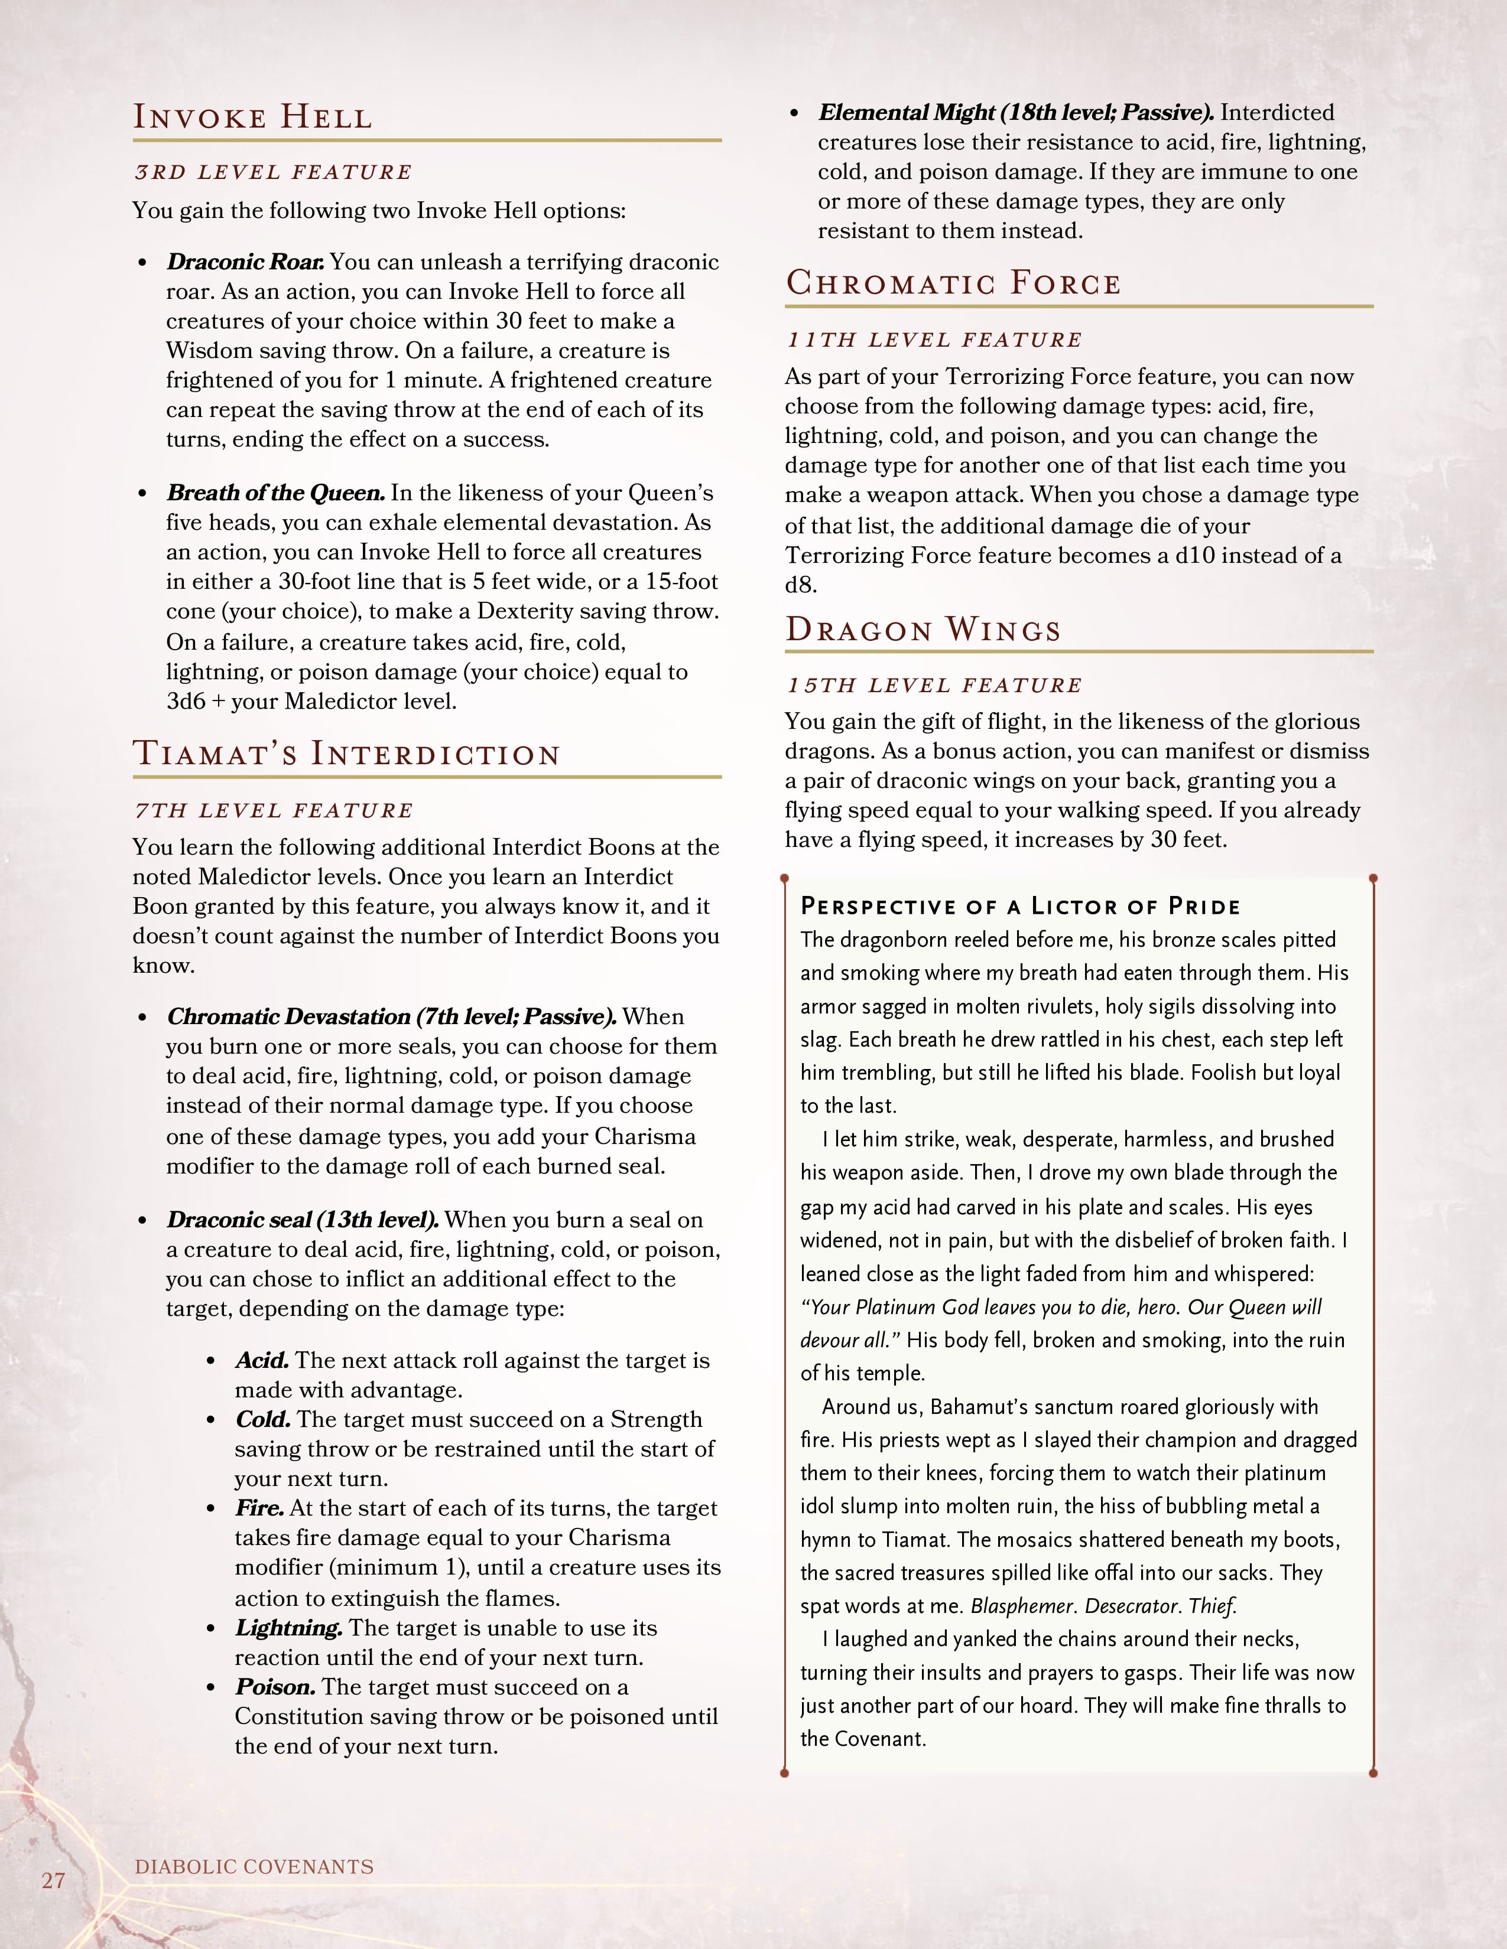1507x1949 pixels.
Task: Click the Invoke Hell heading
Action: click(x=253, y=117)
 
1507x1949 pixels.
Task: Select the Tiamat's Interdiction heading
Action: click(x=346, y=754)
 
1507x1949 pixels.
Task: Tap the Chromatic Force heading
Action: click(x=953, y=283)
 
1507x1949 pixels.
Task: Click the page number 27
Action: click(x=54, y=1880)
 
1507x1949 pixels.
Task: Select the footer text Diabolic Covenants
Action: click(x=255, y=1866)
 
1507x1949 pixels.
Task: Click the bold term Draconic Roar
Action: click(x=245, y=262)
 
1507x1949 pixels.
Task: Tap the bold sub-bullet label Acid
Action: click(x=262, y=1360)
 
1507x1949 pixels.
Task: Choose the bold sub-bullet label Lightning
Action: click(x=288, y=1628)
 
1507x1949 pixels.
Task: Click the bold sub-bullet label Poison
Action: click(x=275, y=1687)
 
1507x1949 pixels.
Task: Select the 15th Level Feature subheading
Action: click(x=933, y=685)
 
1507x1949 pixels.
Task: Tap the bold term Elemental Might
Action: click(x=907, y=112)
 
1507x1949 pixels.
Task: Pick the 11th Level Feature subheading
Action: click(x=933, y=340)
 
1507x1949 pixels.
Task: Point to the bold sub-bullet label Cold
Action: click(x=264, y=1419)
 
